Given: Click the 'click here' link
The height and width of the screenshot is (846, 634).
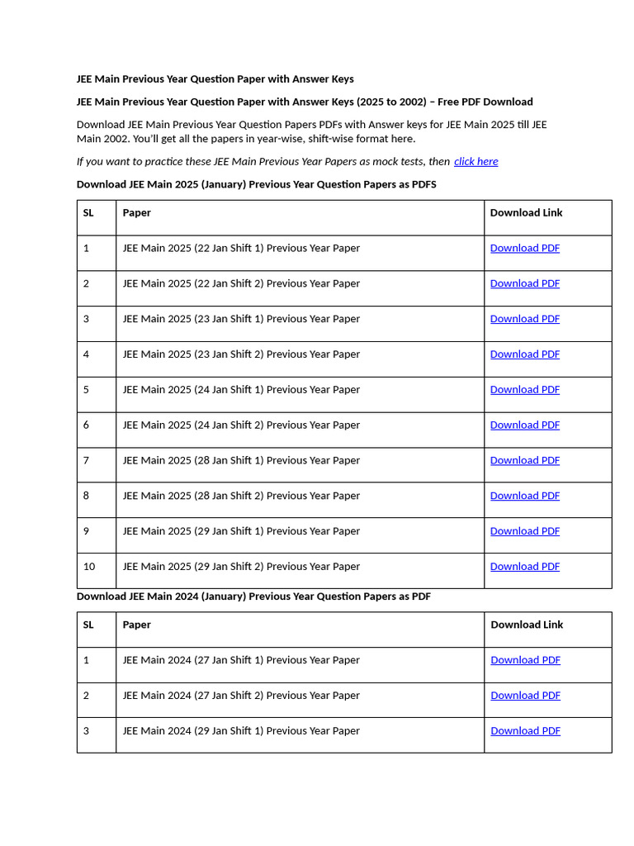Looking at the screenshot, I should coord(475,162).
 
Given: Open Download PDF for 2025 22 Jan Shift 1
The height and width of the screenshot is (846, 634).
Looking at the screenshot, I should coord(524,249).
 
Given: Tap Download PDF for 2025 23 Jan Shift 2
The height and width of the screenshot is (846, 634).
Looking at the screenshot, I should coord(524,354).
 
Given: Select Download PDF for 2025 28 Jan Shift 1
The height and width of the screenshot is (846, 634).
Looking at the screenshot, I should coord(524,461).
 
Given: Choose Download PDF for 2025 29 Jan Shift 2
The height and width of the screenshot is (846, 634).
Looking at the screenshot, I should coord(524,567).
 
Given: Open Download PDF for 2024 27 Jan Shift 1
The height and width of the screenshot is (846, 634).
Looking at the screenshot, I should coord(525,660).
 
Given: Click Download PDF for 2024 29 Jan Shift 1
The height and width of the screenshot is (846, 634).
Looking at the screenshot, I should coord(525,731).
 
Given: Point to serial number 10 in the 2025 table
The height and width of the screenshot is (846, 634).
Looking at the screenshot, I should coord(89,567).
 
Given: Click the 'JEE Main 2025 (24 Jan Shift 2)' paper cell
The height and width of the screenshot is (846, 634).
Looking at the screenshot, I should coord(241,425).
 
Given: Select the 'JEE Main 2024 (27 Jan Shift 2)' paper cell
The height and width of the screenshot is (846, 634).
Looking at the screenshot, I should coord(241,696).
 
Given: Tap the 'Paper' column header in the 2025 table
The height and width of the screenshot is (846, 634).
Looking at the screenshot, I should coord(137,213).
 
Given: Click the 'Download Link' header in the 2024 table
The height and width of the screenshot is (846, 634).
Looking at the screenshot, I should coord(527,625).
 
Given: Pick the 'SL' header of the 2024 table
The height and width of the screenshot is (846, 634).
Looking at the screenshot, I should coord(88,625).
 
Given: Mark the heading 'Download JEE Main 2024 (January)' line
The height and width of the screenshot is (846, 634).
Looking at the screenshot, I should coord(253,596).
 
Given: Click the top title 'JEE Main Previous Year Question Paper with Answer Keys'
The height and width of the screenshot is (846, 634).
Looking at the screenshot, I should coord(215,79).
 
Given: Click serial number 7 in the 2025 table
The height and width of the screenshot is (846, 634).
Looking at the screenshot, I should coord(86,461).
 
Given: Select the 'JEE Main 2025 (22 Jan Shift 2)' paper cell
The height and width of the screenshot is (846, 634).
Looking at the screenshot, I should coord(241,283).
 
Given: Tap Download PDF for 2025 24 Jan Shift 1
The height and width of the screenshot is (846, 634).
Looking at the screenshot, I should coord(524,390).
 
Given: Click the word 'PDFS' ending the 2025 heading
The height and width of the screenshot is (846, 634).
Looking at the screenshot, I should coord(423,185).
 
